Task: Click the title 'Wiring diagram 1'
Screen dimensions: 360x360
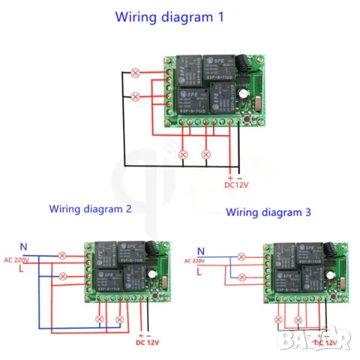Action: [169, 16]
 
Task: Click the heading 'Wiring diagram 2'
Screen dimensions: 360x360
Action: [90, 209]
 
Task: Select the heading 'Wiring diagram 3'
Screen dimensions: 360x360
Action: [268, 212]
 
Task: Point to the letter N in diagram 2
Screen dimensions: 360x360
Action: [23, 245]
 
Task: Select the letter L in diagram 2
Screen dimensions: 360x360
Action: [23, 272]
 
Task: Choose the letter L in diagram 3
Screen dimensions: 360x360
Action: [199, 273]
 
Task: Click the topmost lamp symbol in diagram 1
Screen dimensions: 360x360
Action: [135, 73]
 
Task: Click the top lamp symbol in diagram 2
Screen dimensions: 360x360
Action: [64, 256]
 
